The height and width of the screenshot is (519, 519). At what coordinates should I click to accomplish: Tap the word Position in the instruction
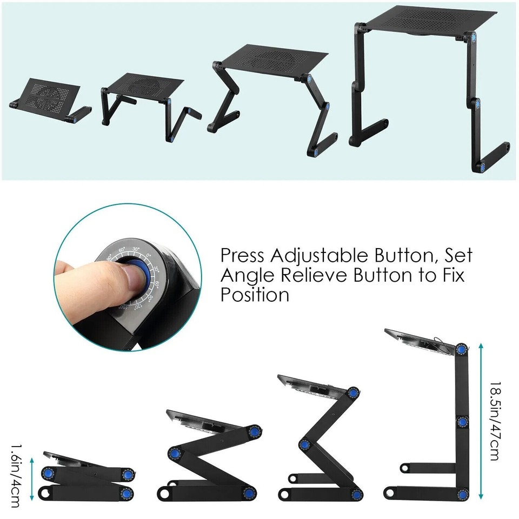(255, 295)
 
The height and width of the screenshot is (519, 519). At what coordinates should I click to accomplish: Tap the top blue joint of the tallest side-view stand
(461, 350)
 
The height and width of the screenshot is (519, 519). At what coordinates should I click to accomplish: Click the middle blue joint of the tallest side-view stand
(462, 422)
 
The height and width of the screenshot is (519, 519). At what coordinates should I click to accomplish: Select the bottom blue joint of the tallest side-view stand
(464, 494)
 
